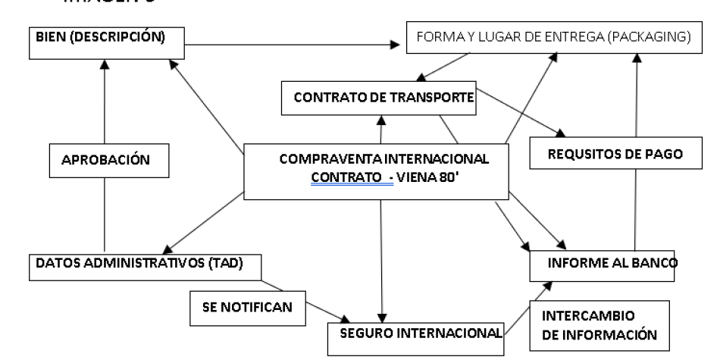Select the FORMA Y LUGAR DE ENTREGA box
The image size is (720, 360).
click(x=549, y=40)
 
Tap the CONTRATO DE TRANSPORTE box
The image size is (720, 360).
click(x=379, y=99)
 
